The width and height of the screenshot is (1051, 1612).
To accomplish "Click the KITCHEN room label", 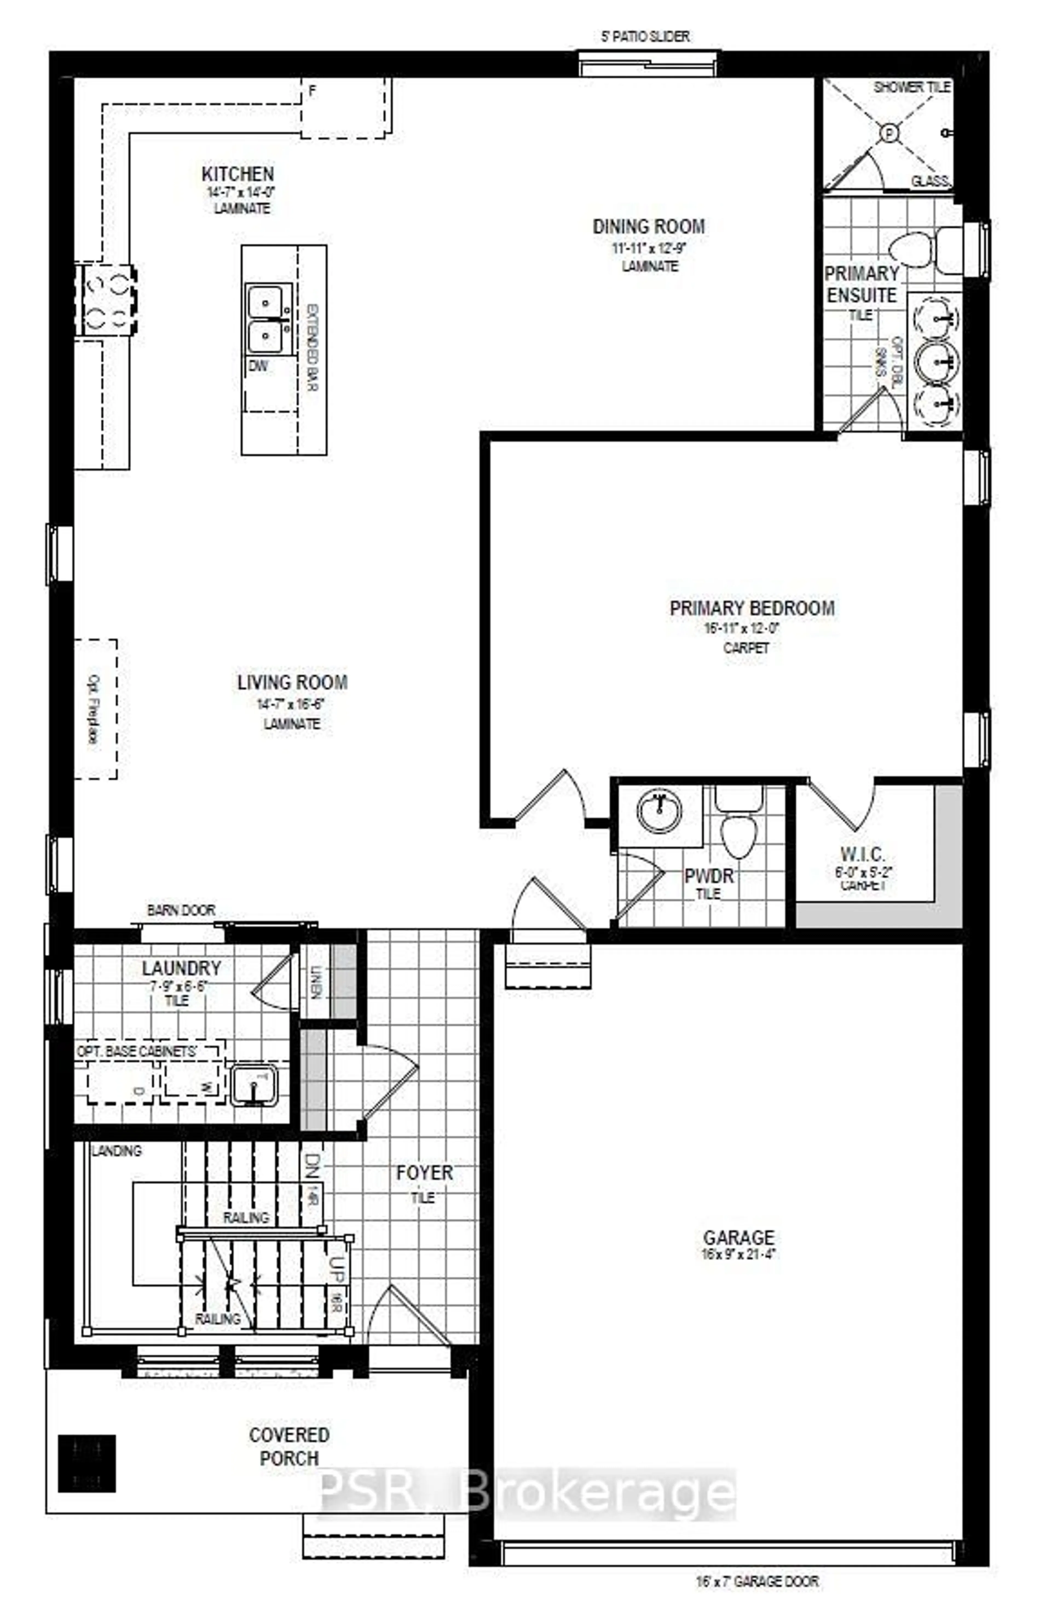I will (x=238, y=174).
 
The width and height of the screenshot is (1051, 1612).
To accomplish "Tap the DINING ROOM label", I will (x=648, y=226).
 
